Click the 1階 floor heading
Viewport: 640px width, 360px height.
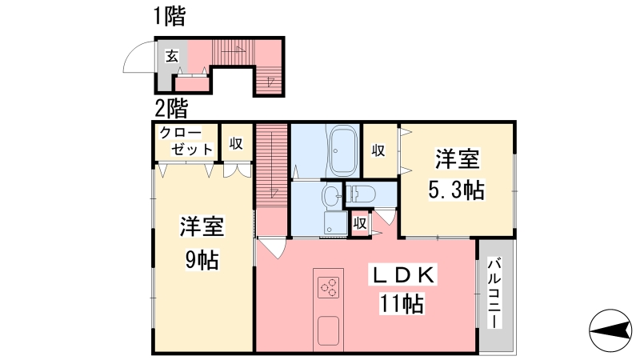(170, 17)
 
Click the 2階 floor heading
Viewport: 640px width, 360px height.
(171, 109)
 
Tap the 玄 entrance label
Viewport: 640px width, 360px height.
(172, 56)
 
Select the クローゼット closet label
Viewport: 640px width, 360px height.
(186, 141)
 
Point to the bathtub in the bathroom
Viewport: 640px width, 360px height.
(343, 150)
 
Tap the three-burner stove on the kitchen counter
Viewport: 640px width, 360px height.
(329, 287)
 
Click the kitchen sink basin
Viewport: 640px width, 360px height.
(328, 330)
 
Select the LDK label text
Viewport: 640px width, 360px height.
(402, 275)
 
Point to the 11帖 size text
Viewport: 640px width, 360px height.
(402, 304)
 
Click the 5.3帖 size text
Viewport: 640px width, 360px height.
(456, 190)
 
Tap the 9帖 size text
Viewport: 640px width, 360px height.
(202, 259)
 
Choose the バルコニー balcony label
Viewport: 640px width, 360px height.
(494, 293)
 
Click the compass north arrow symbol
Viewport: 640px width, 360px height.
(610, 330)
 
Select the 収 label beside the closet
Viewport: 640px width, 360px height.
(236, 143)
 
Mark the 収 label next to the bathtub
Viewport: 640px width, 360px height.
(378, 150)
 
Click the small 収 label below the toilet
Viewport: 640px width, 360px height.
(359, 224)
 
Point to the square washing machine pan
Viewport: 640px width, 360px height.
(335, 223)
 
